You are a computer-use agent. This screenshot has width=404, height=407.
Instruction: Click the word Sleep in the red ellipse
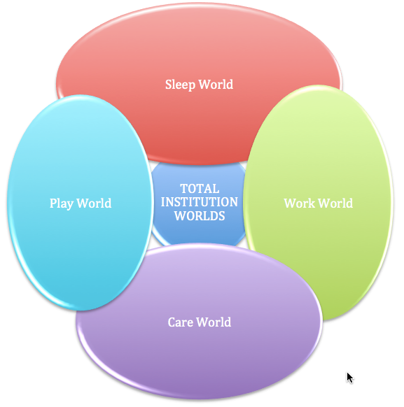pyautogui.click(x=181, y=85)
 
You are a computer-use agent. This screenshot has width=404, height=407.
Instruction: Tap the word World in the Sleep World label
pyautogui.click(x=216, y=85)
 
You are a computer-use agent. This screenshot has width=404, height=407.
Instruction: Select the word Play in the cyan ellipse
pyautogui.click(x=62, y=203)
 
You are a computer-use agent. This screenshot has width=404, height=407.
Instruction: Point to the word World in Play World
pyautogui.click(x=94, y=203)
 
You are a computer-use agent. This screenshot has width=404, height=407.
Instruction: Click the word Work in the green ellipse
pyautogui.click(x=300, y=203)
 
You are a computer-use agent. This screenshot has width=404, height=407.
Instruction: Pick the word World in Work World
pyautogui.click(x=335, y=203)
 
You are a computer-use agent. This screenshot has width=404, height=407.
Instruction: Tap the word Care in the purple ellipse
pyautogui.click(x=181, y=322)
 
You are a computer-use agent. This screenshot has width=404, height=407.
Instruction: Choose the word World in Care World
pyautogui.click(x=214, y=322)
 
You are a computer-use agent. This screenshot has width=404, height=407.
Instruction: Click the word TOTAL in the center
pyautogui.click(x=200, y=189)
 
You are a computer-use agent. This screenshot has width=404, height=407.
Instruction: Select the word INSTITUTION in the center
pyautogui.click(x=200, y=202)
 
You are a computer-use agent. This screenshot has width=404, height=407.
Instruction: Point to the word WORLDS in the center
pyautogui.click(x=200, y=216)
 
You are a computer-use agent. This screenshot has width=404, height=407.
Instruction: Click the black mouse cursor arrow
pyautogui.click(x=349, y=378)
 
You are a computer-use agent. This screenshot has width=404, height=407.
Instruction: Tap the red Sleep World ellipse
pyautogui.click(x=199, y=52)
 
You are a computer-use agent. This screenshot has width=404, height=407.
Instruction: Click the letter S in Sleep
pyautogui.click(x=169, y=85)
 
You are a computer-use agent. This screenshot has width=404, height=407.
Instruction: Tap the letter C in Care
pyautogui.click(x=172, y=322)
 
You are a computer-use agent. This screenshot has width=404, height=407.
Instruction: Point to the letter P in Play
pyautogui.click(x=53, y=203)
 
